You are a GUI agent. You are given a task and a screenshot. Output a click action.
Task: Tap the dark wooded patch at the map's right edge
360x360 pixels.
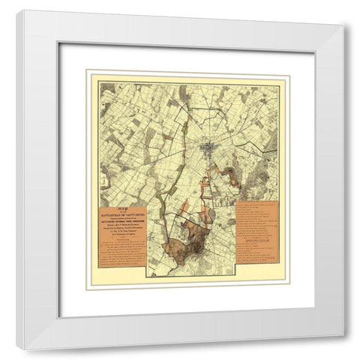pyautogui.click(x=262, y=180)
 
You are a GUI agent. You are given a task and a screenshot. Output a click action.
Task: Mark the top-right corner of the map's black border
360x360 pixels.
pyautogui.click(x=279, y=85)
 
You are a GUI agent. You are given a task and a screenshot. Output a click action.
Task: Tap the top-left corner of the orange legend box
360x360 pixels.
pyautogui.click(x=235, y=201)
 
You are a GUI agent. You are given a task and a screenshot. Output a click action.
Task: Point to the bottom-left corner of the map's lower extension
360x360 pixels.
pyautogui.click(x=148, y=275)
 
